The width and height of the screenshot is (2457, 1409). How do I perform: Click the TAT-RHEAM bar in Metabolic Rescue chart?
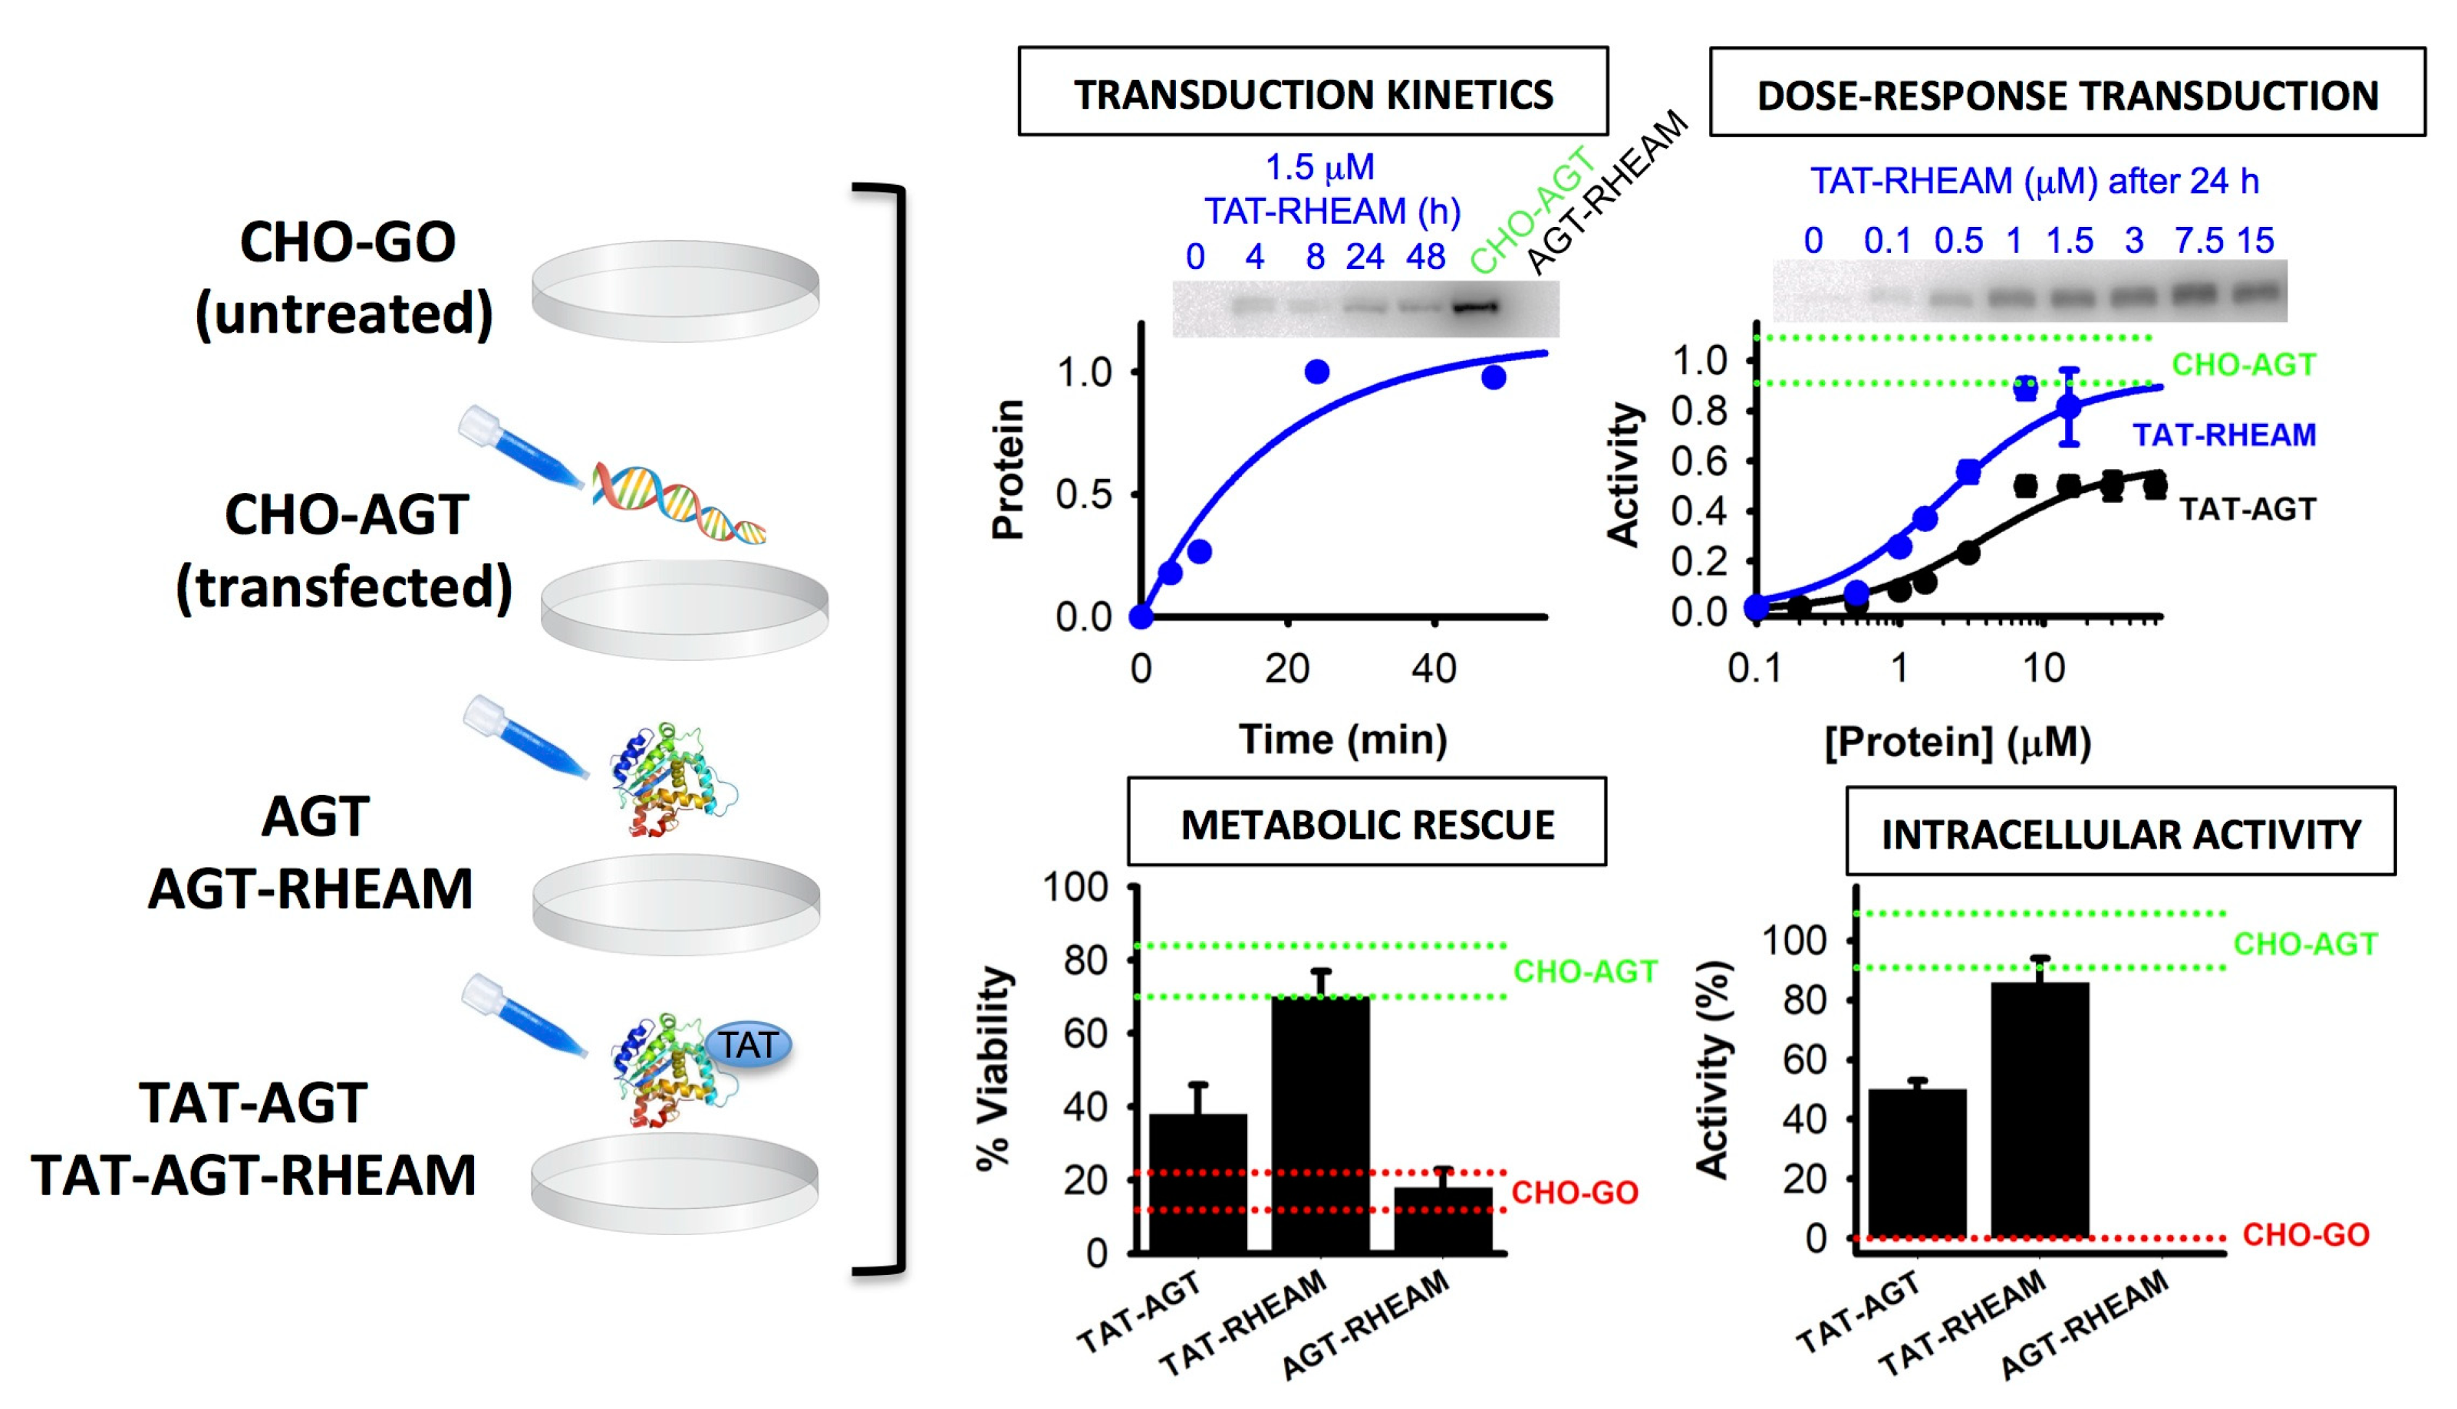[1319, 1122]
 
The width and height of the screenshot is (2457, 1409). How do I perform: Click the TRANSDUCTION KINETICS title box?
[1312, 93]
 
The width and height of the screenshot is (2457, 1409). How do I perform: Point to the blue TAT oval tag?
[749, 1045]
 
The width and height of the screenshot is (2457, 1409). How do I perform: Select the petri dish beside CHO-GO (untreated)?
[675, 291]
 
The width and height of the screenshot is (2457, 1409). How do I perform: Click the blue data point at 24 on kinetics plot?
[1316, 372]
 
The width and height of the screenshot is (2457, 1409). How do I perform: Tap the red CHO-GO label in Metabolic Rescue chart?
[1574, 1192]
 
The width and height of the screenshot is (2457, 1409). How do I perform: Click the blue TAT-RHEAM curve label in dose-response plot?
[2224, 435]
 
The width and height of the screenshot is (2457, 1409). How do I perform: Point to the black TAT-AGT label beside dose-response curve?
[2247, 509]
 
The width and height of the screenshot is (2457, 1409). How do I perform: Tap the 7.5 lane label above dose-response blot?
[2198, 241]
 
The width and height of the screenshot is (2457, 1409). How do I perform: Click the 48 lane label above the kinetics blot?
[1425, 258]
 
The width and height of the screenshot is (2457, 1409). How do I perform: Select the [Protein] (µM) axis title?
[1958, 743]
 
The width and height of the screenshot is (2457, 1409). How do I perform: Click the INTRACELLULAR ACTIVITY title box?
[2120, 833]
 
